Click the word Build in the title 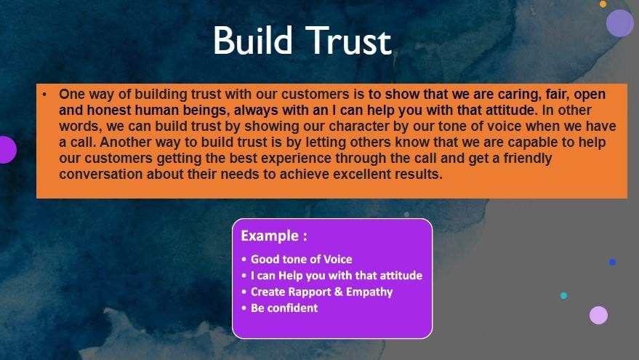[x=253, y=40]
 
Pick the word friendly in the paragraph [x=528, y=159]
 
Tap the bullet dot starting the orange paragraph [x=44, y=95]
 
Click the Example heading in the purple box [x=274, y=236]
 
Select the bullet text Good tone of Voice [x=301, y=260]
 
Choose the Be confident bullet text [x=284, y=308]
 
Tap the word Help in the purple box [x=291, y=276]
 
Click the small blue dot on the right [x=612, y=262]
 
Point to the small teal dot [x=563, y=295]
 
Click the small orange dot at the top [x=603, y=4]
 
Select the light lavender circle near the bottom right [x=599, y=315]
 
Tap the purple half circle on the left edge [x=7, y=150]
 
